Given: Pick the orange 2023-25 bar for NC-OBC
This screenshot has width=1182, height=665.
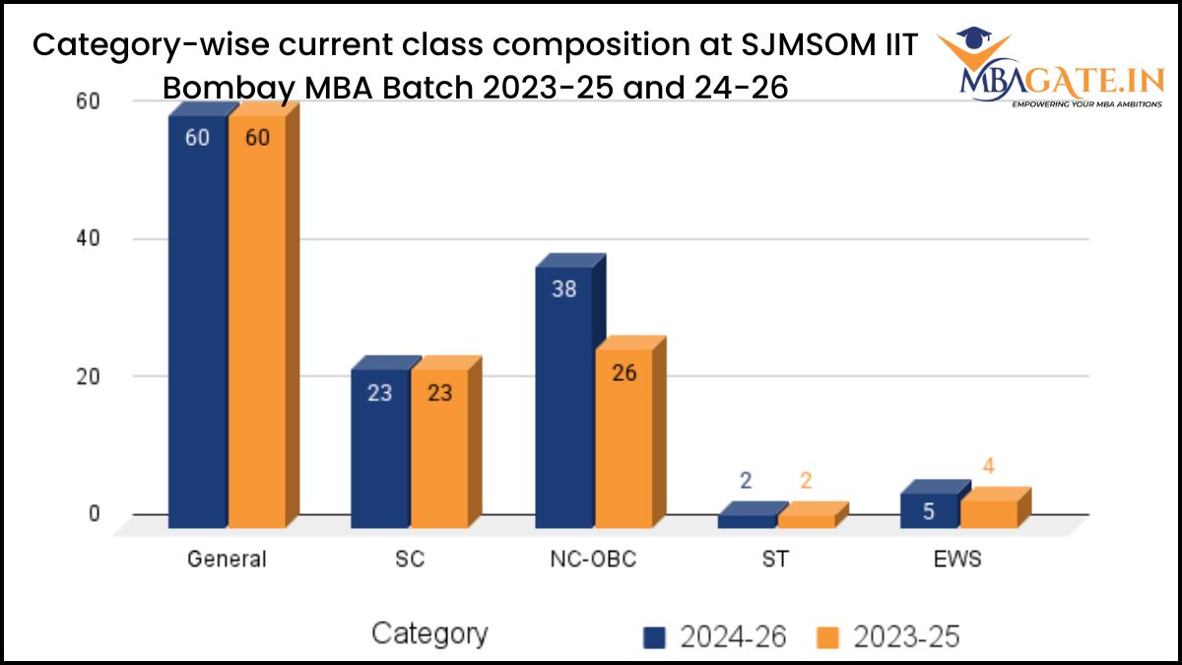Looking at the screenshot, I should (624, 438).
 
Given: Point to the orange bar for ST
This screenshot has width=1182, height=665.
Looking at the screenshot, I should (807, 520).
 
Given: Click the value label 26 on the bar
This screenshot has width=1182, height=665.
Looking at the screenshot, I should (624, 373).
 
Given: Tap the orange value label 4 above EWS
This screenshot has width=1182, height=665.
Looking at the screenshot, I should (988, 466).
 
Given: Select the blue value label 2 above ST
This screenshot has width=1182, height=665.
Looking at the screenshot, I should (746, 481).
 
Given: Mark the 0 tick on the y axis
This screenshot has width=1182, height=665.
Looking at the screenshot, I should (95, 513).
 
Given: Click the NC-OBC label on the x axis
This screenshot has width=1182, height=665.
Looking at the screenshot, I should (593, 560).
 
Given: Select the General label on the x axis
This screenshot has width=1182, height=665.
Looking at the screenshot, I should (227, 560).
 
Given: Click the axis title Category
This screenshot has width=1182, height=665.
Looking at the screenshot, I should (428, 633).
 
